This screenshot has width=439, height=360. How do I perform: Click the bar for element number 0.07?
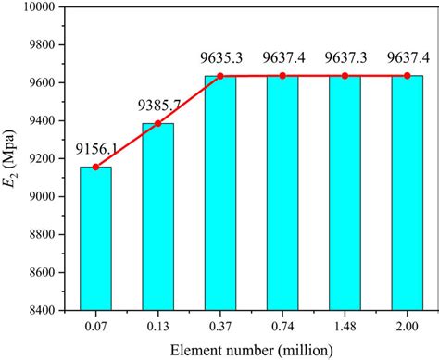click(95, 238)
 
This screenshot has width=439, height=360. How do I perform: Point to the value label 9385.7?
click(157, 107)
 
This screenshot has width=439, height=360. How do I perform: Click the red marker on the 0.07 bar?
click(95, 167)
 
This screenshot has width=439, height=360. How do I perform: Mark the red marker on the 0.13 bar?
click(157, 123)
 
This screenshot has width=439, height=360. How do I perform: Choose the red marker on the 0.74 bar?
click(282, 76)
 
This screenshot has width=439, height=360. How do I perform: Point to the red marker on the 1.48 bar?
click(345, 76)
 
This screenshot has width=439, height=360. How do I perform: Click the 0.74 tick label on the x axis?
click(282, 323)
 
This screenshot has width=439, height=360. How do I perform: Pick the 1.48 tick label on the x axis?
click(345, 323)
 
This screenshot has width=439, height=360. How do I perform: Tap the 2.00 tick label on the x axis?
click(407, 323)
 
